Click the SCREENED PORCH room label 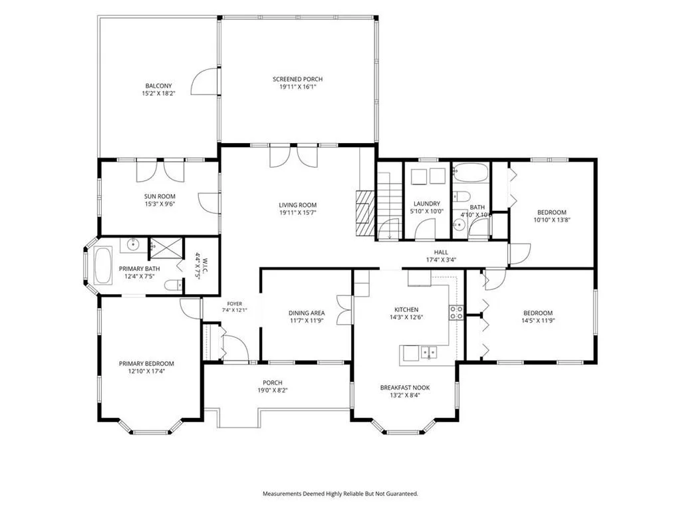297,79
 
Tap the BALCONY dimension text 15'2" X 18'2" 158,93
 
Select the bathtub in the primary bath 103,265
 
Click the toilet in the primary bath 174,285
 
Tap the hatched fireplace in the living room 365,213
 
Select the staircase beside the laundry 388,205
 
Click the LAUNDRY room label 427,204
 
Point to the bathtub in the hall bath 471,172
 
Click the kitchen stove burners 456,313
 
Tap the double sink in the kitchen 428,352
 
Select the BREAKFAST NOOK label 405,388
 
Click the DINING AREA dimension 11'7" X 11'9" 307,321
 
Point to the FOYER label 235,303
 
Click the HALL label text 441,252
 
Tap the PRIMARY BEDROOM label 146,364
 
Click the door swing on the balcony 204,81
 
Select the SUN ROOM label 160,196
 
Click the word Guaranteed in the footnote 403,494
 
